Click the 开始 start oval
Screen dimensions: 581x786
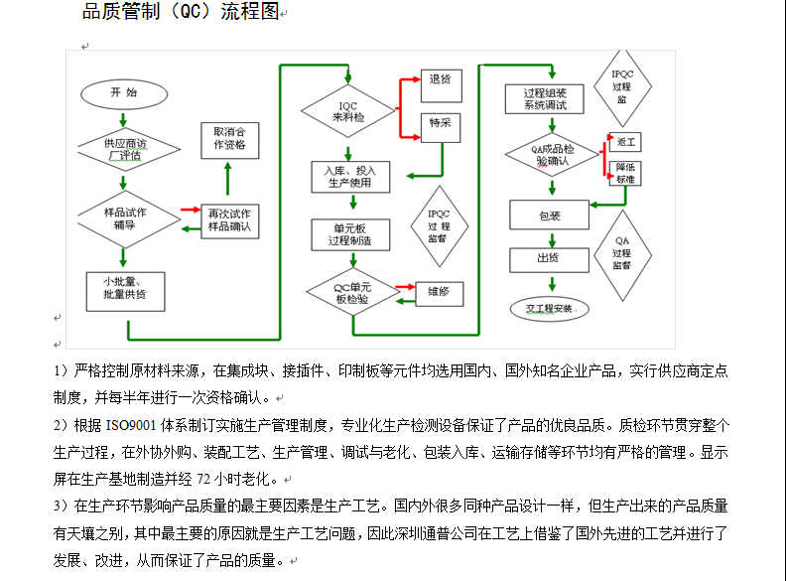point(123,92)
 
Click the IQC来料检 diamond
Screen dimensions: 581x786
point(348,111)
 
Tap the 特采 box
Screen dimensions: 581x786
point(439,123)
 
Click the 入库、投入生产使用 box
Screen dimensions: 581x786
point(349,177)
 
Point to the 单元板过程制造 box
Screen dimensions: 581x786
point(349,234)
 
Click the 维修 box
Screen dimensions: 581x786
point(439,292)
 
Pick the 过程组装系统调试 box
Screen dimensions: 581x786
point(545,98)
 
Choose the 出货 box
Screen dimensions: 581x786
point(549,259)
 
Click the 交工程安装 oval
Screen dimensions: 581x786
point(550,307)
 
